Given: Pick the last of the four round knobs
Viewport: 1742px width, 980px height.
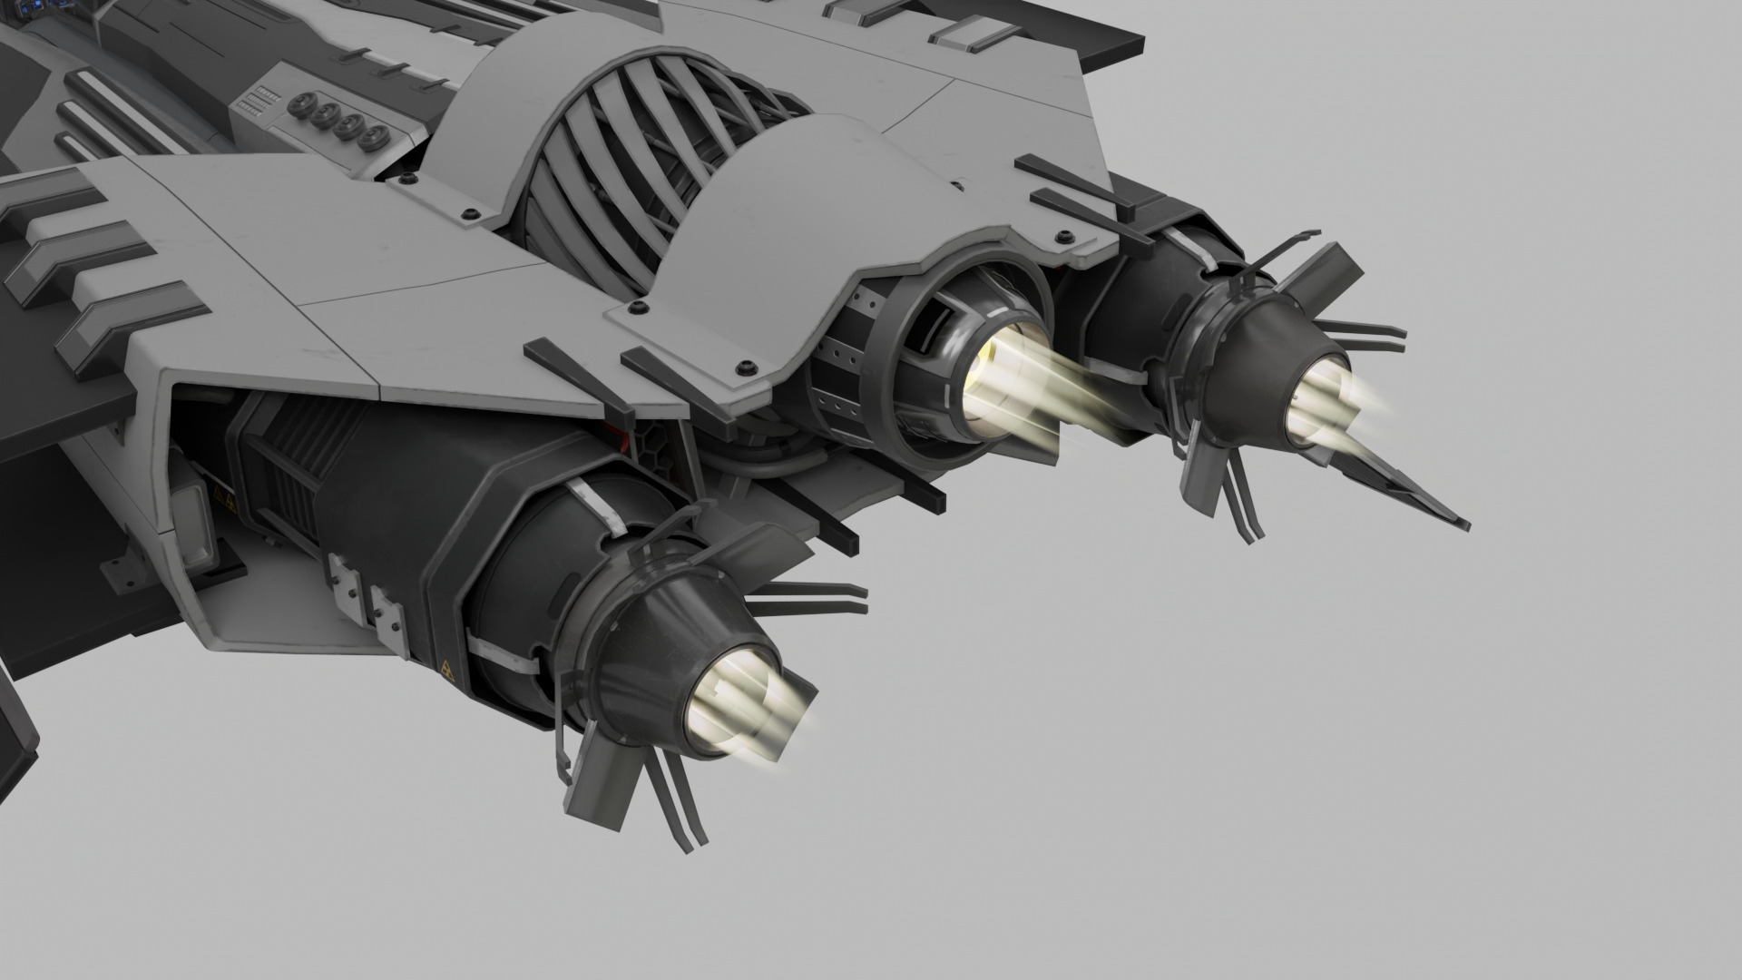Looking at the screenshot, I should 370,139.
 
